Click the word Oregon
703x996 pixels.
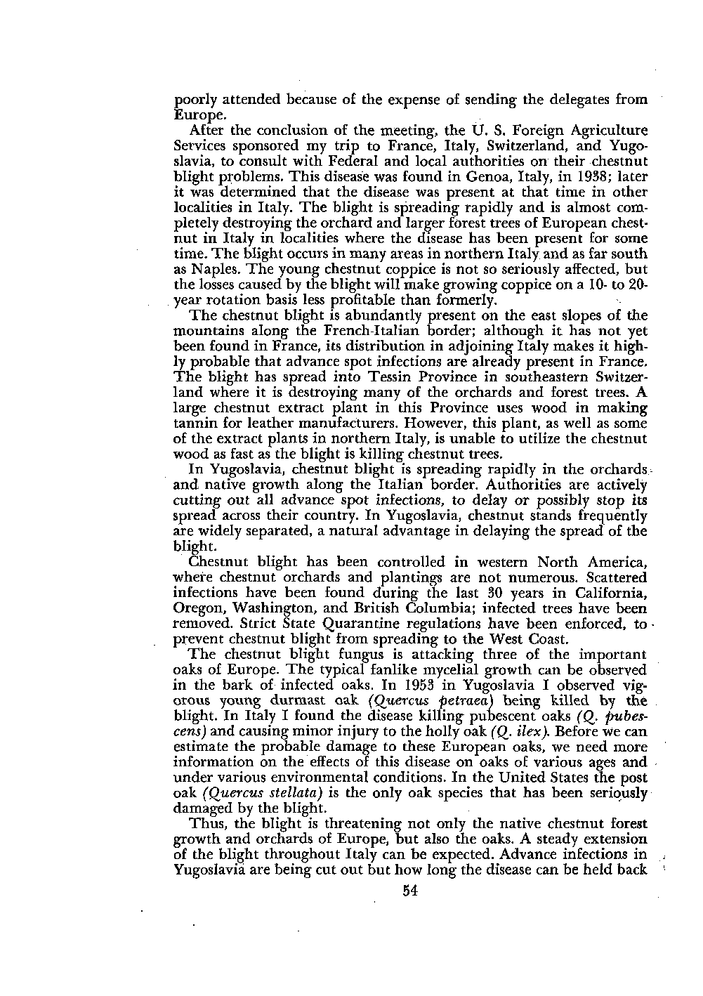195,608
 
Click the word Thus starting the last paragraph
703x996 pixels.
206,823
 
